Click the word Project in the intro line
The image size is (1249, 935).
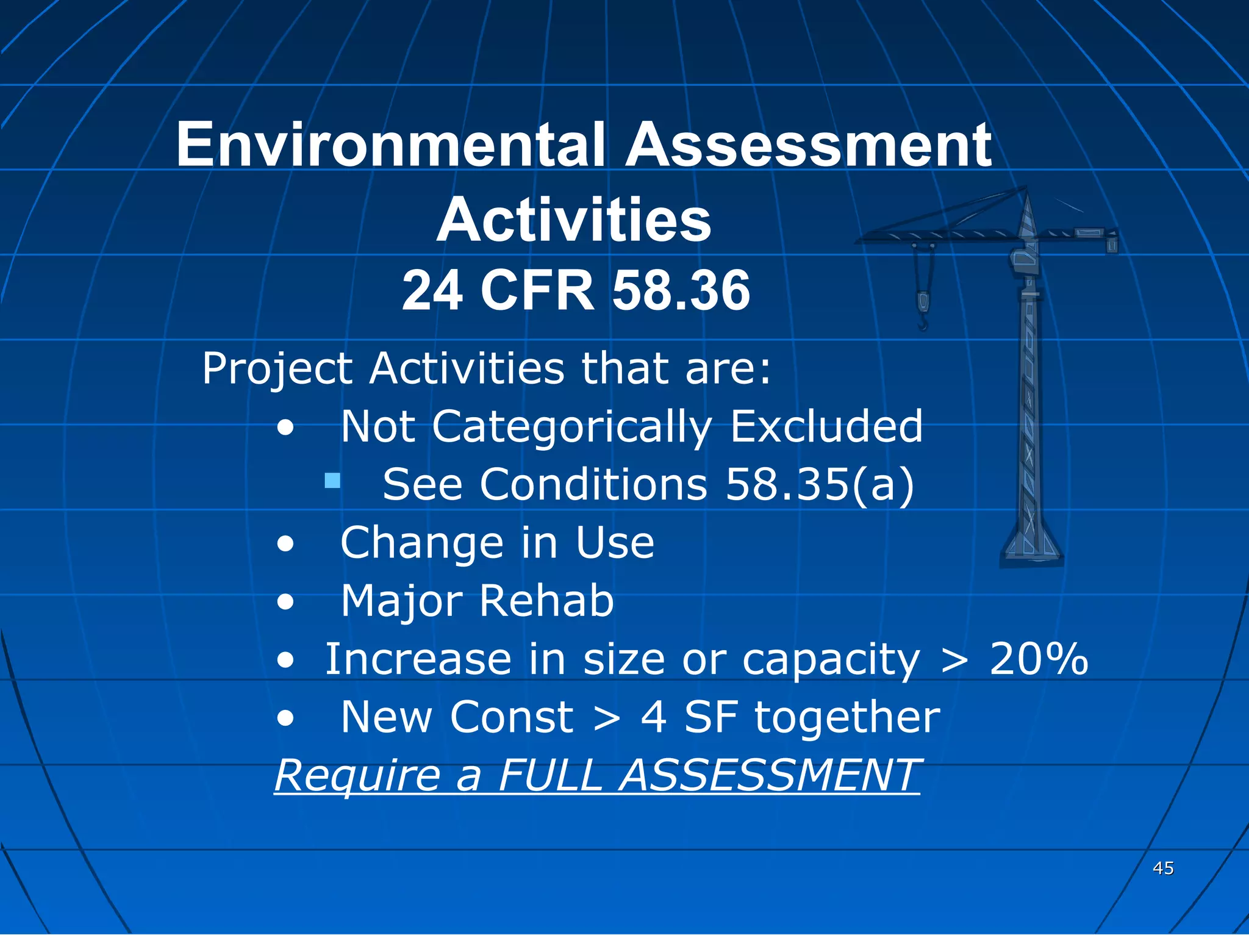[277, 368]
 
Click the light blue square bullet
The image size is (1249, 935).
[332, 481]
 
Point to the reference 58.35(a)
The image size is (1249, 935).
[820, 484]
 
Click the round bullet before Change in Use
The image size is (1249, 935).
[285, 543]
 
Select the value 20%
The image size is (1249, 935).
[1038, 659]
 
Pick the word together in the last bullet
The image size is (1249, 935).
[846, 718]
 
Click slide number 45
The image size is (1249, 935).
[1163, 868]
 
